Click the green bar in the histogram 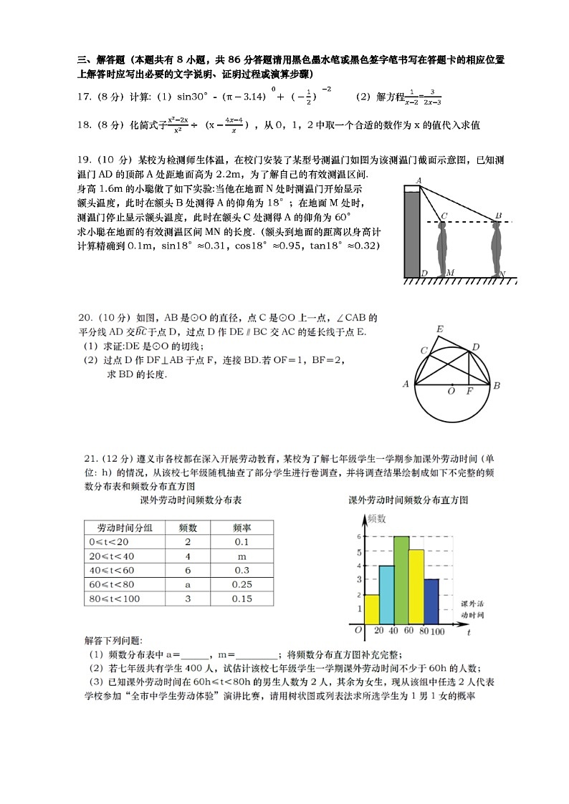401,580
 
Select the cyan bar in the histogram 386,594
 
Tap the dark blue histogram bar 431,601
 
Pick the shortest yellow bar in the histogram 371,609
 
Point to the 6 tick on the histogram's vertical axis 359,536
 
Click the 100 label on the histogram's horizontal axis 437,631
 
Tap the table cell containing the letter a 188,585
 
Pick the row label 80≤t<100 115,599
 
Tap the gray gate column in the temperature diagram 411,233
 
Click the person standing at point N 497,248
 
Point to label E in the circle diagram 439,329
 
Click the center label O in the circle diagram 451,391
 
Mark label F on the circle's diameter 470,392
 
